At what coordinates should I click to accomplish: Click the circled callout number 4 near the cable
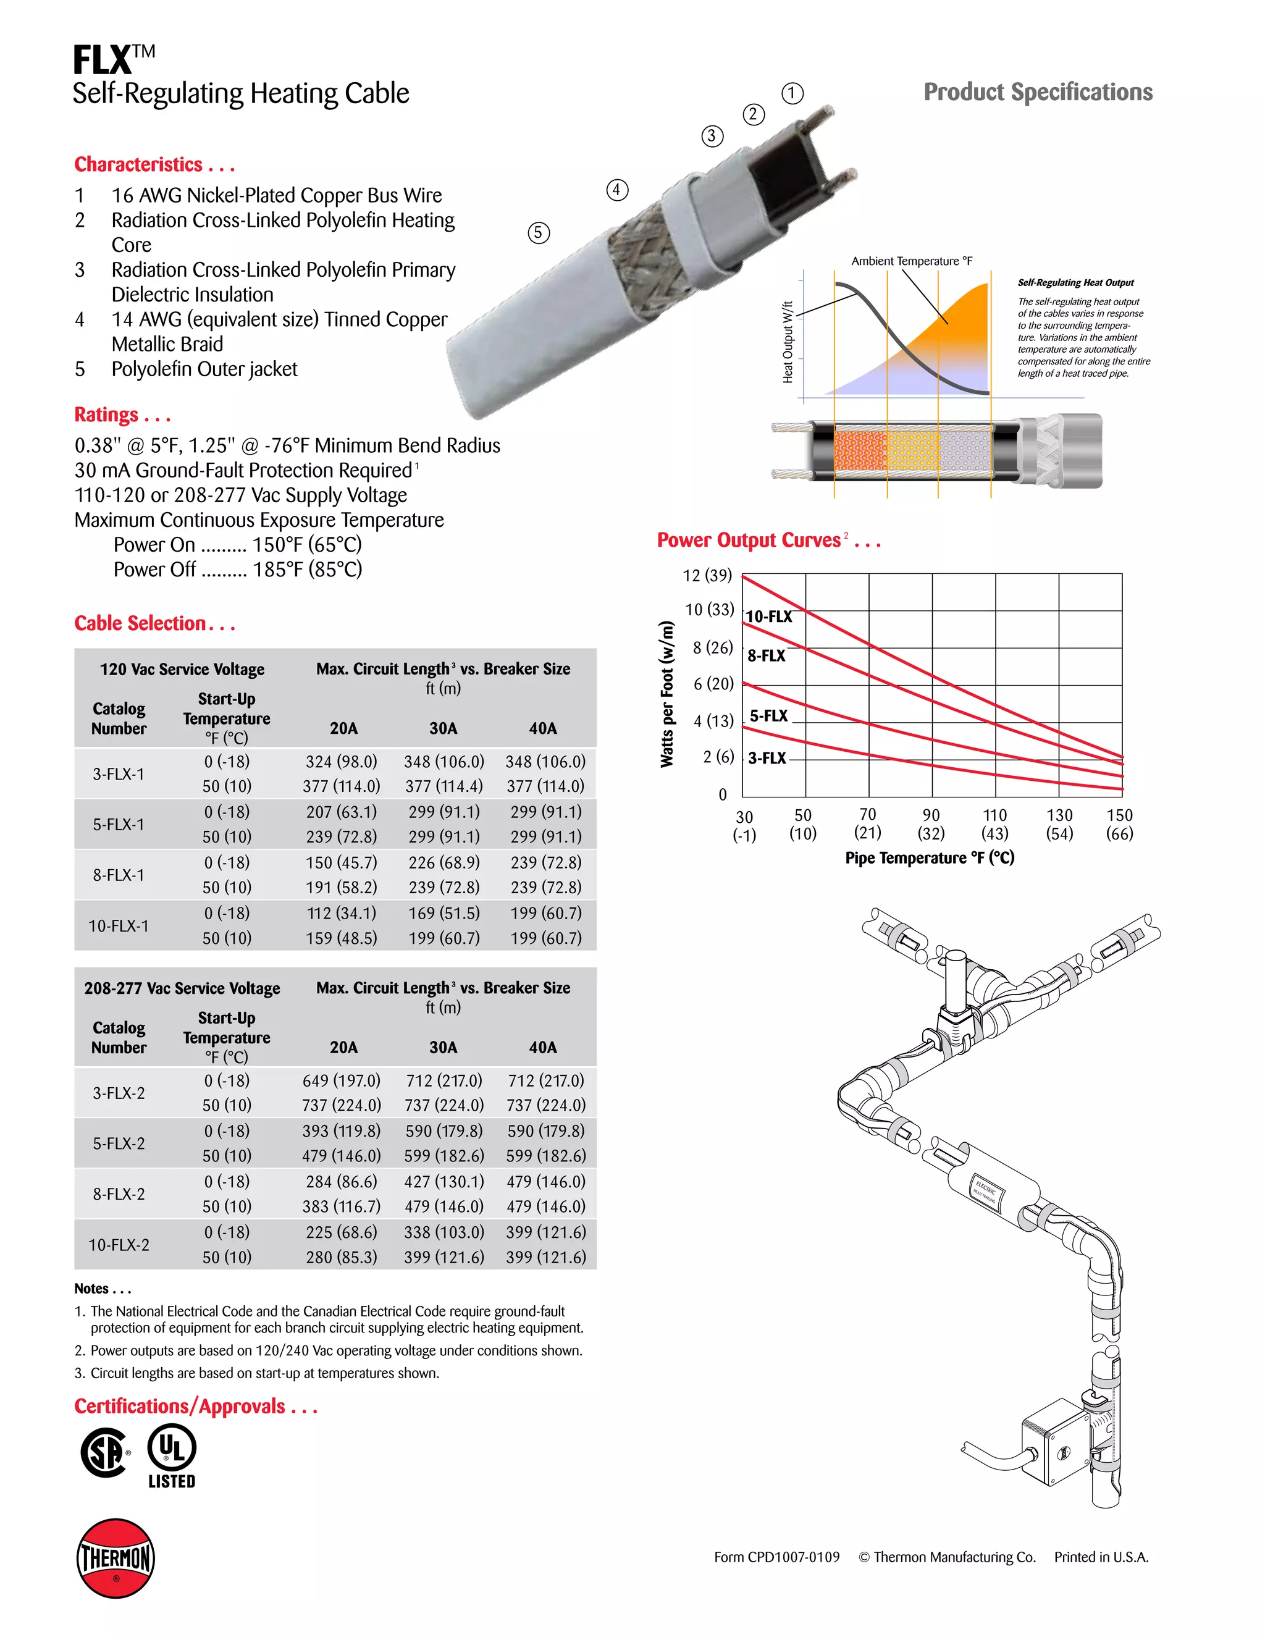(617, 190)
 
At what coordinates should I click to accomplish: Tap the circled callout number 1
(792, 94)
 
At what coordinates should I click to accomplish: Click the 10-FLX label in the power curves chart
(769, 617)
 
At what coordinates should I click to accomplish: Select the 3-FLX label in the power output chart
(767, 758)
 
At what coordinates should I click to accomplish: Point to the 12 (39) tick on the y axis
(707, 576)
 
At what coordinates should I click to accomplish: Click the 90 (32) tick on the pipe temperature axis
(931, 823)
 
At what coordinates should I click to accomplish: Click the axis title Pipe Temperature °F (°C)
(929, 858)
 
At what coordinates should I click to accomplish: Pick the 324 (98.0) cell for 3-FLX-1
(341, 762)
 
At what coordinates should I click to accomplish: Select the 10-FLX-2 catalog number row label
(119, 1245)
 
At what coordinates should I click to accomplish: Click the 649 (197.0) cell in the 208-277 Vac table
(341, 1081)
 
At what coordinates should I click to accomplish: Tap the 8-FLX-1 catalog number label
(119, 875)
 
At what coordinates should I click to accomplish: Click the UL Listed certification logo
(172, 1455)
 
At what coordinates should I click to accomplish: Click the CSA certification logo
(105, 1453)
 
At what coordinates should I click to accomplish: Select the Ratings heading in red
(122, 415)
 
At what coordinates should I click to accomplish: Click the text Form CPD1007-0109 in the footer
(776, 1557)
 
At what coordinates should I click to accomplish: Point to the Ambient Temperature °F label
(911, 261)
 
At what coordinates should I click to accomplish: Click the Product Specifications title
(1037, 92)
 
